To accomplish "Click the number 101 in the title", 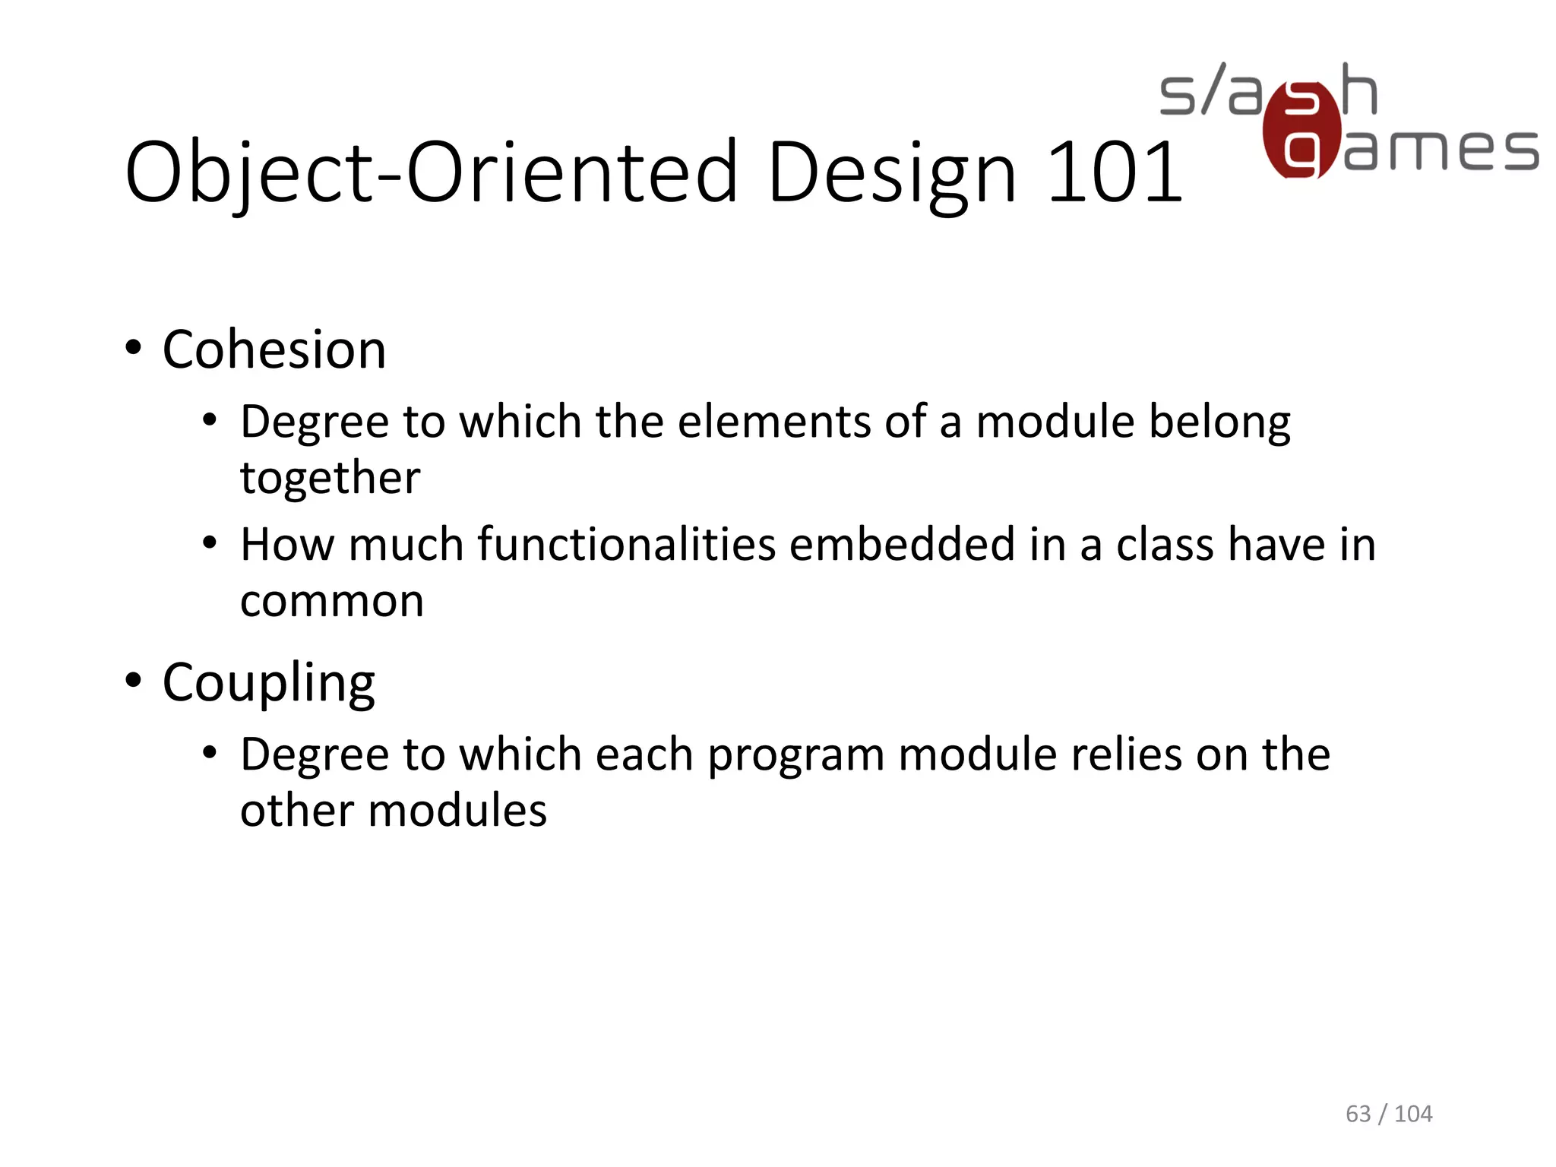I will (1114, 173).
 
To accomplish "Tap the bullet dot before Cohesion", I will (134, 349).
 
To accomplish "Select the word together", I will (330, 479).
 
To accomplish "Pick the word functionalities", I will (627, 545).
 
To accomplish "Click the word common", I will (331, 602).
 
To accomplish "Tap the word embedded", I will (902, 545).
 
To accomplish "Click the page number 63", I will (1358, 1114).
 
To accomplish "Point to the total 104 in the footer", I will (1413, 1114).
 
